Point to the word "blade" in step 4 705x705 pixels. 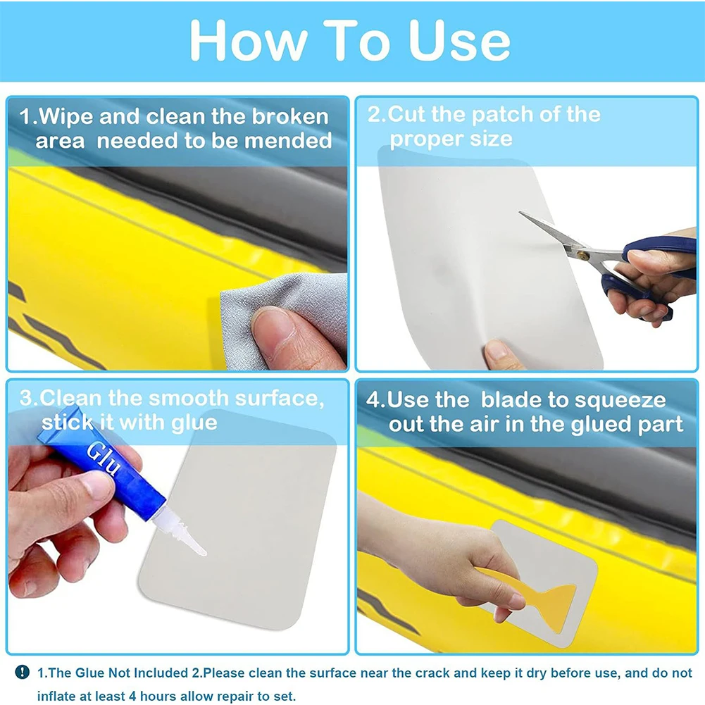point(511,401)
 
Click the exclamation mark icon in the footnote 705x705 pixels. point(23,673)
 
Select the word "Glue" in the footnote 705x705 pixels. point(89,673)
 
